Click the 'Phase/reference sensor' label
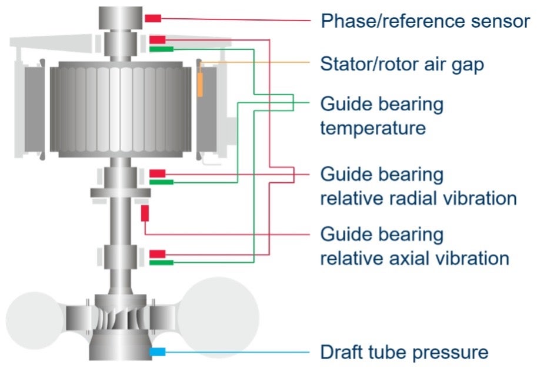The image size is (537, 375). click(425, 21)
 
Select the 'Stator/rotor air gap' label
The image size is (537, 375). click(402, 63)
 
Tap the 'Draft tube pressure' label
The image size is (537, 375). click(404, 352)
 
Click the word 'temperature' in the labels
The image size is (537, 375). click(373, 128)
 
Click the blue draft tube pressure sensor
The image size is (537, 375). click(158, 352)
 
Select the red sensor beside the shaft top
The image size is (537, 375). click(153, 18)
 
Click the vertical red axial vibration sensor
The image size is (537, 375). click(145, 213)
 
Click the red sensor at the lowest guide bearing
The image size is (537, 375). click(158, 253)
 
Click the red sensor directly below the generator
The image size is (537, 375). click(158, 173)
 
